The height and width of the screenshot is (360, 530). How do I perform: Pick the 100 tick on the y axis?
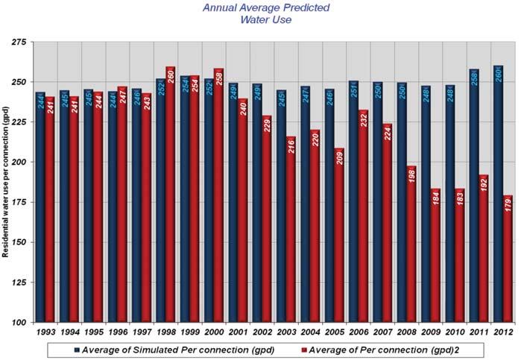click(16, 323)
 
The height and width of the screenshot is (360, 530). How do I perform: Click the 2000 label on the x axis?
click(213, 331)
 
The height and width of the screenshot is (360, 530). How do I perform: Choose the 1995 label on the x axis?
click(93, 331)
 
